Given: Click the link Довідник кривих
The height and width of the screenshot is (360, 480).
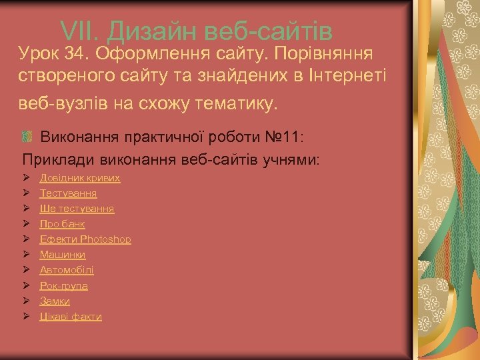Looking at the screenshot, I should (80, 178).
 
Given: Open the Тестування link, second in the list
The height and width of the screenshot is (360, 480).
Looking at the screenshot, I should (68, 193).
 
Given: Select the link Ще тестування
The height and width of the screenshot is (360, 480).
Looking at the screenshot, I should (77, 209).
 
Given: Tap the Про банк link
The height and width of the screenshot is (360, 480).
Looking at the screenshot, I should (62, 224).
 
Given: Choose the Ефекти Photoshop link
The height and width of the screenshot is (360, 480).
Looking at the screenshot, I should (85, 239).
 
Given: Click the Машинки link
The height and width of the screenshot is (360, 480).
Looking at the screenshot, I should (63, 255).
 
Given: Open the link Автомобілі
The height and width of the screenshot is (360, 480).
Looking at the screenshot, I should (67, 270).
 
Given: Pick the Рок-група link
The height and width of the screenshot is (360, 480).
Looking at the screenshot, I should (64, 285).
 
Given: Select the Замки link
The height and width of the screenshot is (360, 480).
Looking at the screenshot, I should (55, 301).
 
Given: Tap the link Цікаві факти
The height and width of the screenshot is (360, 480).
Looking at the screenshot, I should (71, 317).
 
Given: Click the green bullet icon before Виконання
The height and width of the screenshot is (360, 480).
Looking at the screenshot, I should (27, 137).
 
